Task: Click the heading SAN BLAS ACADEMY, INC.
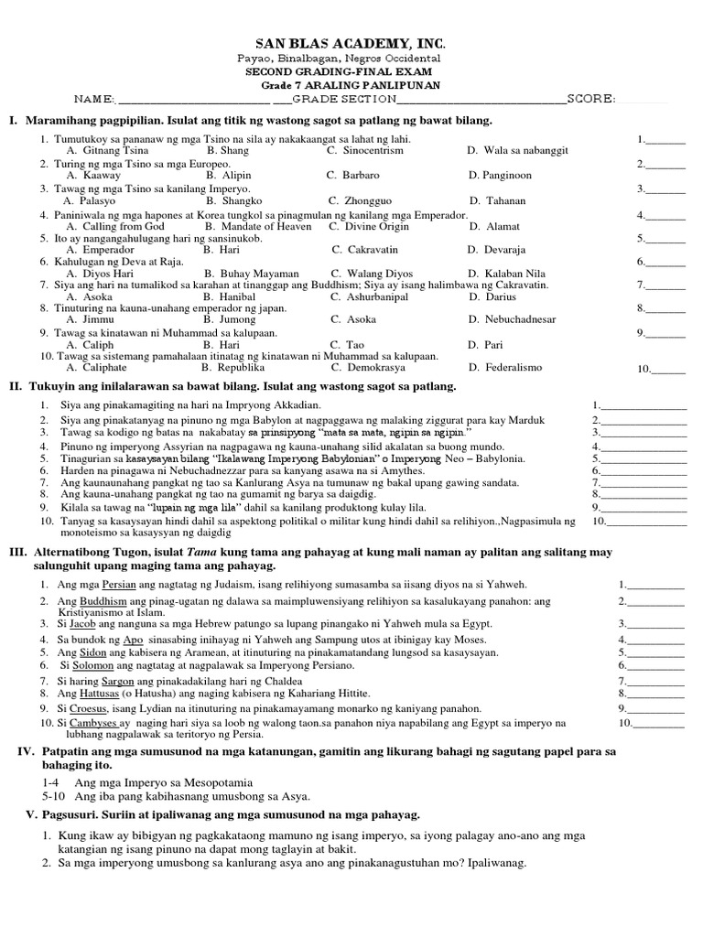351,45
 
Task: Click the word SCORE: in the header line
590,98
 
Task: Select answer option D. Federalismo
503,367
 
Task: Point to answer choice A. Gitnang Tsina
107,149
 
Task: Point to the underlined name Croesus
92,708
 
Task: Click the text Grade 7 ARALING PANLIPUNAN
351,85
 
